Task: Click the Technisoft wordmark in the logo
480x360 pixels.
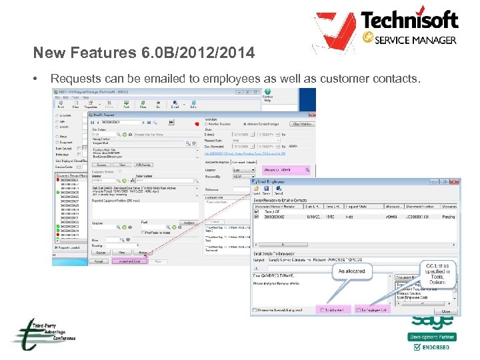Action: (419, 20)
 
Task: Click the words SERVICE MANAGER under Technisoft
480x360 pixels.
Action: (416, 40)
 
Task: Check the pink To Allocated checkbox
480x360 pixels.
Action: (323, 311)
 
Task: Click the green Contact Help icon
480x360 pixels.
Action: (267, 92)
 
